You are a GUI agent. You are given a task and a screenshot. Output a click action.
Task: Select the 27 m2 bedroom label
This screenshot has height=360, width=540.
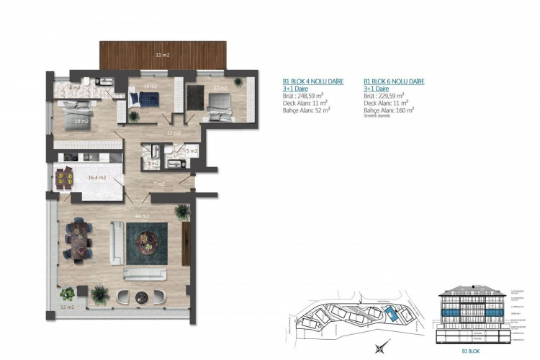(220, 89)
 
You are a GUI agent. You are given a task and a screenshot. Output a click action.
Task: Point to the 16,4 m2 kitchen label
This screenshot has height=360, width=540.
(97, 177)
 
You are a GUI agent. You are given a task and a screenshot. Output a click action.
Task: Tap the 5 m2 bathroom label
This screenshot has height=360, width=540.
(192, 151)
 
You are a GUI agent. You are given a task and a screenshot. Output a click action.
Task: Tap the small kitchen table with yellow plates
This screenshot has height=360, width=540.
(66, 175)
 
